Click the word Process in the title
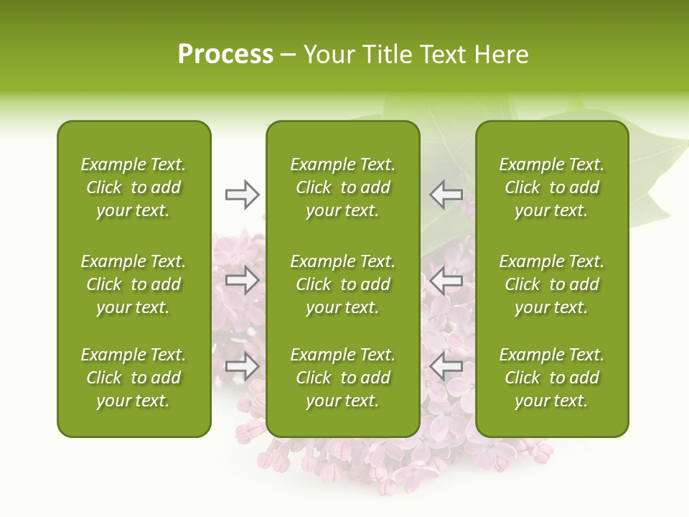225,55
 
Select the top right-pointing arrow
243,195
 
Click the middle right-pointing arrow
243,280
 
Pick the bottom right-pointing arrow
243,366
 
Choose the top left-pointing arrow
446,195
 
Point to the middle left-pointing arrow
446,280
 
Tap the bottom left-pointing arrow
446,366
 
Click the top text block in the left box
133,187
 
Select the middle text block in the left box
133,284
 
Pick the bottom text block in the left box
133,378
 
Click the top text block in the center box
343,187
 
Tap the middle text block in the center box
343,284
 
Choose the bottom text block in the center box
343,378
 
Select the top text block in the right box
552,187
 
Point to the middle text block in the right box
552,284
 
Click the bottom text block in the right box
552,378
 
